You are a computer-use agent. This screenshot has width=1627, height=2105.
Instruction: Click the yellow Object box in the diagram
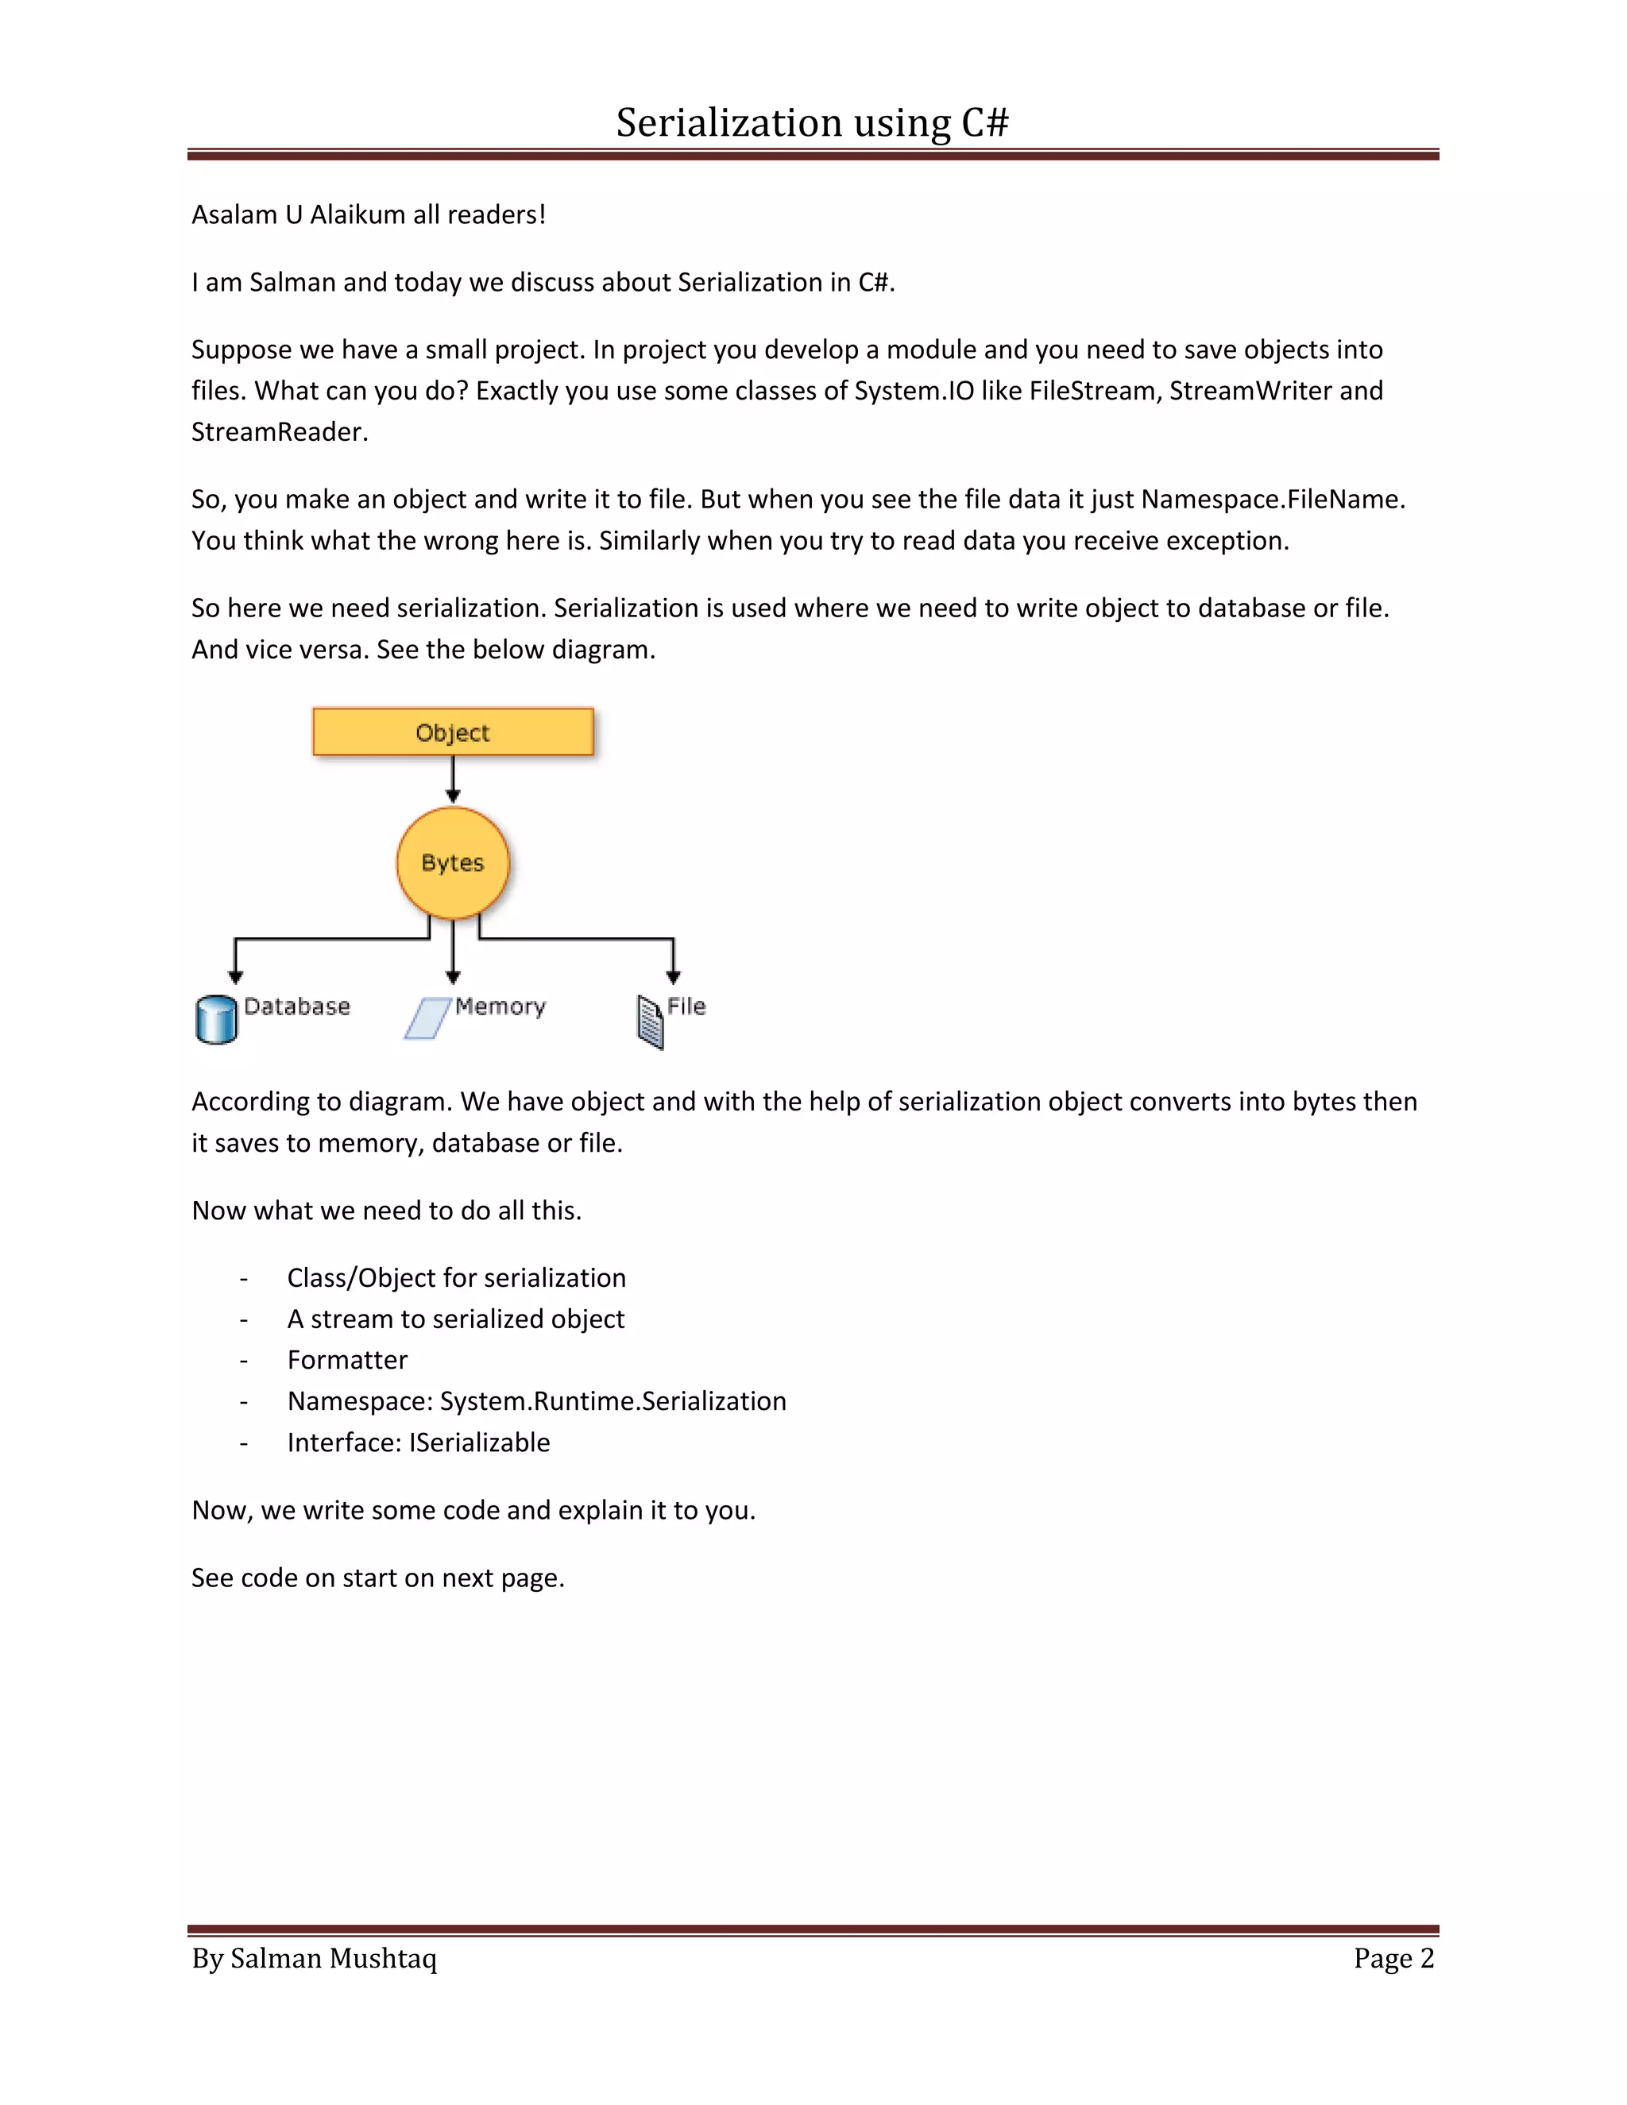453,732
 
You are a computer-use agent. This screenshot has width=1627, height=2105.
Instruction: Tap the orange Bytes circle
453,863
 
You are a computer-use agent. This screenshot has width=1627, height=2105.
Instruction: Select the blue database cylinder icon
216,1020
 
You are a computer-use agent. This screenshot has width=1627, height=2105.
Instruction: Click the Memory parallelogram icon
427,1018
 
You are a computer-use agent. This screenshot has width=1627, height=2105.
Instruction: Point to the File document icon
651,1022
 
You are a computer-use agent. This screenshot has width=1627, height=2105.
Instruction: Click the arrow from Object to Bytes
453,778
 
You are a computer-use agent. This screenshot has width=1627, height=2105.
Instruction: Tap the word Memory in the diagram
500,1006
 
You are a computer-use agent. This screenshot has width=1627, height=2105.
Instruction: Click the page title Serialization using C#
813,122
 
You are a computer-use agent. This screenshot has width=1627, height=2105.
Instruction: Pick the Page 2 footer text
1393,1957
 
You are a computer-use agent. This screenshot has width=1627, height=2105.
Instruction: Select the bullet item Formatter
347,1359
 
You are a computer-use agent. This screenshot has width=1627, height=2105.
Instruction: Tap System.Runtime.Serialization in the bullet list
613,1400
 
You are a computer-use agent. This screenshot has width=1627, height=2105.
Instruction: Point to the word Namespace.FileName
1273,500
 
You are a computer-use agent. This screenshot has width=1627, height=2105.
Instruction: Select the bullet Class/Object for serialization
456,1277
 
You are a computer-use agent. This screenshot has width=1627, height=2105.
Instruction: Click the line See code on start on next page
378,1578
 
